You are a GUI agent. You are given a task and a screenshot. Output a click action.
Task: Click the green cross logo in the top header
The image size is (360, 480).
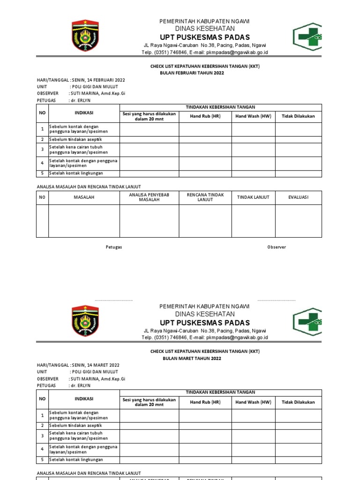click(x=307, y=37)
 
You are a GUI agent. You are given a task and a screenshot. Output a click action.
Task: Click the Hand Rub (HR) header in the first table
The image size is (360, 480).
click(x=205, y=116)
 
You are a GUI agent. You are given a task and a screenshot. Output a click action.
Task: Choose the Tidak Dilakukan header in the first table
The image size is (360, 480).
click(x=298, y=116)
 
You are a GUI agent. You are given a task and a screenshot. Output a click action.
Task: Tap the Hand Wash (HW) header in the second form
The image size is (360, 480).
click(x=253, y=402)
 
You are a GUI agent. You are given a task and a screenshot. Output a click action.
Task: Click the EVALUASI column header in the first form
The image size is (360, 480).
click(x=298, y=197)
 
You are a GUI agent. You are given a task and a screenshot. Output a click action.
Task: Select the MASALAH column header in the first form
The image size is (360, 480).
click(x=84, y=197)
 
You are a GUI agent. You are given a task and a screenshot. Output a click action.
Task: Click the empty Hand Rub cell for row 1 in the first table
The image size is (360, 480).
click(x=205, y=129)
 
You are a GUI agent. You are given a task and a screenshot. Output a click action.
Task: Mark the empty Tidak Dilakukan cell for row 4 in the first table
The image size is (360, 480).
click(x=298, y=163)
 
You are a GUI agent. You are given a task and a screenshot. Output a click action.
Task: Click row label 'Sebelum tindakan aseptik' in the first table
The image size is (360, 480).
click(x=75, y=140)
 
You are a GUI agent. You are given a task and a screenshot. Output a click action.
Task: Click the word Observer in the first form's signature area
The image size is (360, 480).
click(x=277, y=247)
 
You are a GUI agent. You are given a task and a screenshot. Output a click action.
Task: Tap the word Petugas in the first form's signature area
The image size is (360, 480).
click(x=113, y=247)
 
